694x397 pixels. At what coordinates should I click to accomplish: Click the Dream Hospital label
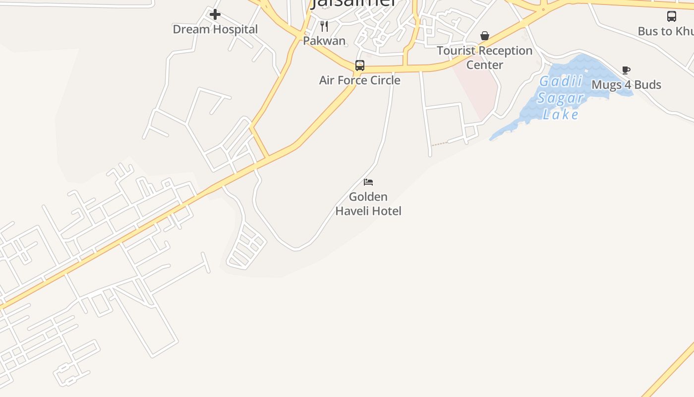click(215, 29)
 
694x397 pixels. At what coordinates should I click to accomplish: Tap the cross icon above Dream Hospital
click(215, 14)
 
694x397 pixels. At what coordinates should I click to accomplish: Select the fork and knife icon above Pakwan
click(324, 26)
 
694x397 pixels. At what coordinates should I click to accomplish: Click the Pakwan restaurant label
click(324, 41)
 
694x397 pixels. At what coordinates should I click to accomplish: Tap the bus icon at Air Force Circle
click(360, 66)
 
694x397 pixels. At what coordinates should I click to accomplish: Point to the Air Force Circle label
click(359, 80)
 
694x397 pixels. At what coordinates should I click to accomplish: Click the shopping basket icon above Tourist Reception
click(485, 36)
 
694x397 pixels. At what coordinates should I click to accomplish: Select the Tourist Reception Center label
click(484, 58)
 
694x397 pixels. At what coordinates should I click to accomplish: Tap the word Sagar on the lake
click(561, 98)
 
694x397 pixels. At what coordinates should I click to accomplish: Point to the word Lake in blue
click(561, 115)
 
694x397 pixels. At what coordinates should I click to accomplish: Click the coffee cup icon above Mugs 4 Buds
click(626, 70)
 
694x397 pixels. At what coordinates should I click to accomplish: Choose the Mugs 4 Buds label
click(626, 85)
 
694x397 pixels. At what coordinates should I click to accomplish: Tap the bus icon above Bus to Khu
click(672, 16)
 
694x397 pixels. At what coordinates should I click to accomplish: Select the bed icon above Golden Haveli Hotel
click(368, 182)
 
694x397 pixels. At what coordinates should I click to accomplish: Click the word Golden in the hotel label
click(368, 197)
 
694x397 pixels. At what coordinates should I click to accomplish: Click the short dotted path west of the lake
click(439, 144)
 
